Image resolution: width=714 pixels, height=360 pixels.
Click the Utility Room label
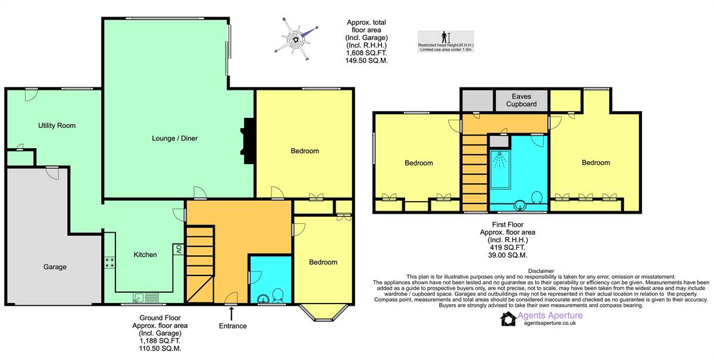coord(57,126)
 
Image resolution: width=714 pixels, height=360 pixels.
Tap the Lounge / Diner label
coord(175,139)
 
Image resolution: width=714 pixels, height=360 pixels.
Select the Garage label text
coord(55,267)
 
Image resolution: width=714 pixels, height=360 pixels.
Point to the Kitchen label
coord(145,255)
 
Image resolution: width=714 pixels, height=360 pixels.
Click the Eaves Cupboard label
coord(521,100)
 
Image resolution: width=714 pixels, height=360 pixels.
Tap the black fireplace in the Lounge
coord(248,141)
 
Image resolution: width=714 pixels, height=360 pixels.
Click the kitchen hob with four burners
coord(109,263)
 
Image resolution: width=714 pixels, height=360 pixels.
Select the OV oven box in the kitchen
coord(178,249)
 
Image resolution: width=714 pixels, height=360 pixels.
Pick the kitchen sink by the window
coord(146,298)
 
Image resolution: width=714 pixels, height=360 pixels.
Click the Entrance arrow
coord(231,314)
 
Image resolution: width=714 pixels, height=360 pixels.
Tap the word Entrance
coord(233,326)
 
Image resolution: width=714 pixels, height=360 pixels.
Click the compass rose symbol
coord(296,39)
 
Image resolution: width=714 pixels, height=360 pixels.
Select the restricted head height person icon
coord(444,37)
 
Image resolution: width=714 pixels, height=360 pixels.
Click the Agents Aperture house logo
coord(508,319)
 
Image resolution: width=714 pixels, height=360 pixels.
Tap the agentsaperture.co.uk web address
coord(550,323)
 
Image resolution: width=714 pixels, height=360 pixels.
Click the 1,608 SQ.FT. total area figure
coord(367,53)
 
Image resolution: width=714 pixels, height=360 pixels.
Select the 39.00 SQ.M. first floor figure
coord(508,255)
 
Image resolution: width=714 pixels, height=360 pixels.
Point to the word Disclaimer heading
coord(541,271)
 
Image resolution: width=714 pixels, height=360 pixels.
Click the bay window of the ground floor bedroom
coord(324,313)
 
